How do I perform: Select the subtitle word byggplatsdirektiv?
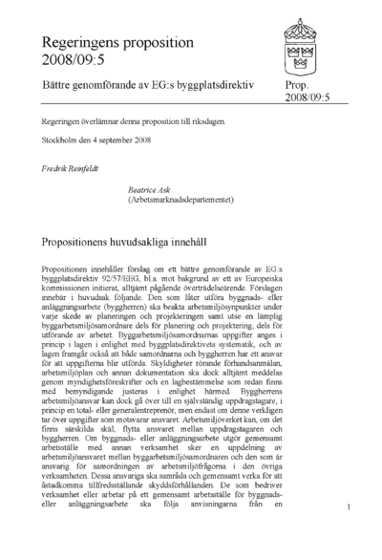(x=221, y=85)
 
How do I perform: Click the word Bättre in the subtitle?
(x=58, y=85)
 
